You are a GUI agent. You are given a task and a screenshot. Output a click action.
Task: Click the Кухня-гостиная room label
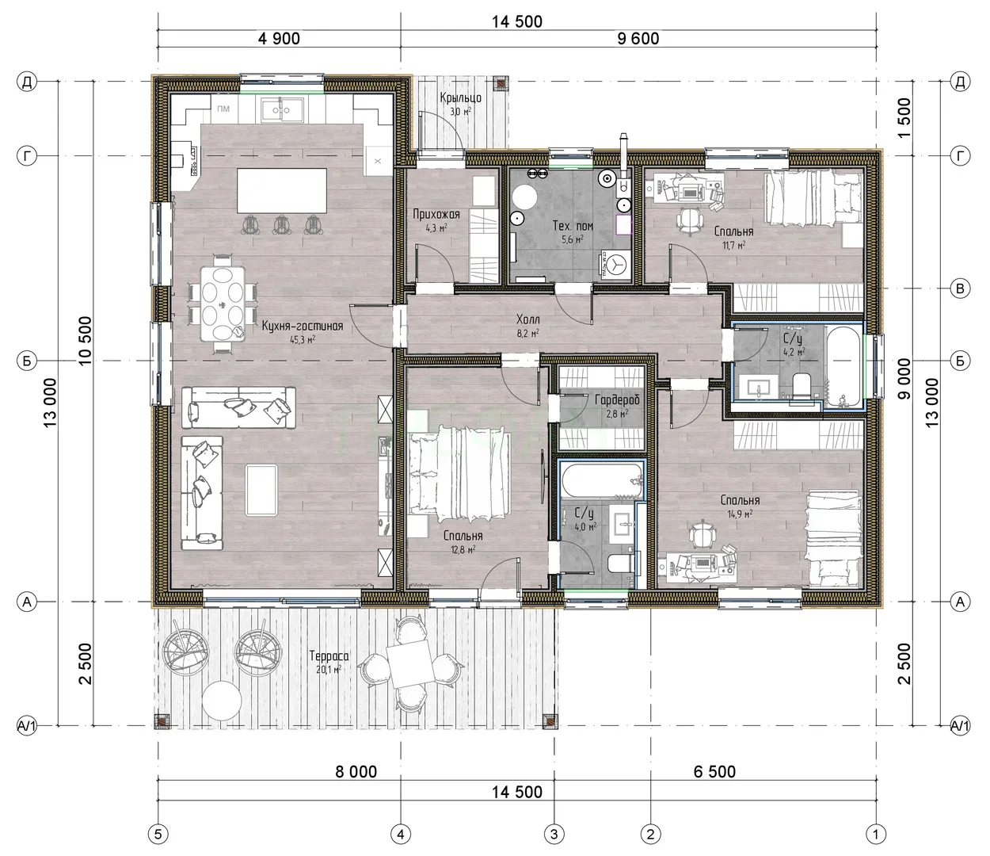tap(303, 327)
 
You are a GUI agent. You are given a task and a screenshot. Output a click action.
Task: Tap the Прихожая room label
tap(436, 214)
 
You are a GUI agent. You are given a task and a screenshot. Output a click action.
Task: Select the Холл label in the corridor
tap(527, 319)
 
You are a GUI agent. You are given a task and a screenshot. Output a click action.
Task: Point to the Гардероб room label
tap(617, 399)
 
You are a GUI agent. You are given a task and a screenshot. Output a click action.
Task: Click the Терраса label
tap(329, 655)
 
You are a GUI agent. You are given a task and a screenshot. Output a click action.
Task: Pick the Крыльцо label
tap(460, 98)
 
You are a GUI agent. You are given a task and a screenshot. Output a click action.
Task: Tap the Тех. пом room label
tap(573, 226)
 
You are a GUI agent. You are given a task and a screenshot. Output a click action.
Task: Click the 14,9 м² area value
tap(741, 514)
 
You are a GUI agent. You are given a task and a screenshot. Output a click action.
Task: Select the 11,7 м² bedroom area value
tap(733, 246)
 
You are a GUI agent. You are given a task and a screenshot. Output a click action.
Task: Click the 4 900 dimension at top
tap(279, 39)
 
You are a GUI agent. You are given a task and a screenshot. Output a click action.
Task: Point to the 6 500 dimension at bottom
tap(714, 772)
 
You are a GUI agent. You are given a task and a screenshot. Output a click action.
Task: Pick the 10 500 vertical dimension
tap(84, 341)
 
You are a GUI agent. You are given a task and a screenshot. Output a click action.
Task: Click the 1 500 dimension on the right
tap(904, 118)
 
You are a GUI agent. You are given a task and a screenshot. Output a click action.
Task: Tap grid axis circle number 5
tap(158, 835)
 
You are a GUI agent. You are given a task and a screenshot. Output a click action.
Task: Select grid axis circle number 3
tap(554, 835)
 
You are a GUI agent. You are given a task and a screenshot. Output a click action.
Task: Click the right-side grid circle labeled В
tap(960, 289)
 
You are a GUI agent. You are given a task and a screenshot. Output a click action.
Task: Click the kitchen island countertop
tap(282, 191)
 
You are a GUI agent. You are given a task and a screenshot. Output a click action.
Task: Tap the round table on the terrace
tap(221, 700)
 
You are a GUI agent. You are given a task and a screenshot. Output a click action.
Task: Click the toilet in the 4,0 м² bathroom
tap(619, 563)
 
